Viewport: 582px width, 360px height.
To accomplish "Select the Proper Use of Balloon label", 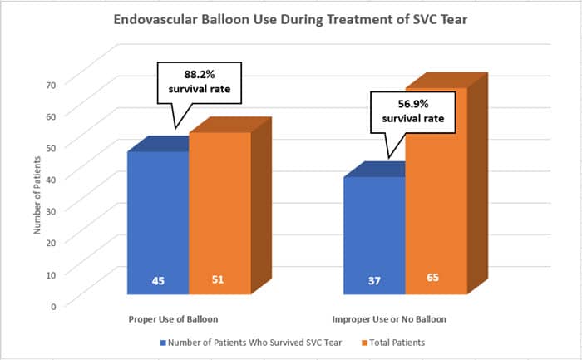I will (175, 319).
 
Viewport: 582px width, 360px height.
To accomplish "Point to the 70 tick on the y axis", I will (52, 84).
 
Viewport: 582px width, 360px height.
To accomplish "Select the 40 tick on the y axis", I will (52, 179).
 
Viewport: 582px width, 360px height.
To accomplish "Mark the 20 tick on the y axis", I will (52, 242).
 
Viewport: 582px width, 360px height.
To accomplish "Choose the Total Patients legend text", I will (397, 343).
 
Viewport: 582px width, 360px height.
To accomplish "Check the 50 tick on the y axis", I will (52, 147).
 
